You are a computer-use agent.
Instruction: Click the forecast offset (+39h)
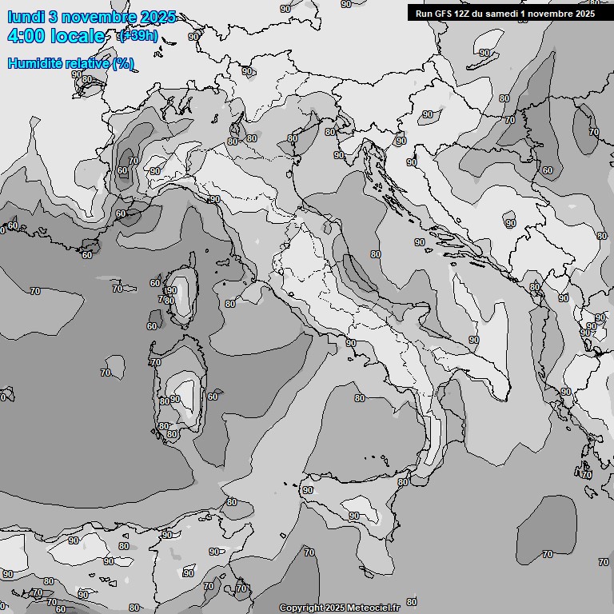click(x=138, y=36)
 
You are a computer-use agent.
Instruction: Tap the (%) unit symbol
click(x=122, y=64)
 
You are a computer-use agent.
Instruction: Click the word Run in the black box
click(x=424, y=13)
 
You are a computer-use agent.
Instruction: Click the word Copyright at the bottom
click(x=301, y=608)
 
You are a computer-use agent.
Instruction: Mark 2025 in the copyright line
click(x=335, y=608)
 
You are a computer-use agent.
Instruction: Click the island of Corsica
click(x=183, y=292)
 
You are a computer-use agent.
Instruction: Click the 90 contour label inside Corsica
click(x=171, y=290)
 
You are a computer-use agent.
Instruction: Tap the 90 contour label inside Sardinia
click(x=175, y=398)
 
